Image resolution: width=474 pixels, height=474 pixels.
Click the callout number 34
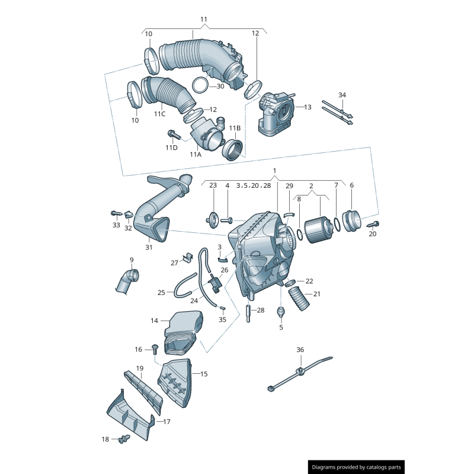342,95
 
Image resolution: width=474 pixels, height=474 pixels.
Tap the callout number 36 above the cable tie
300,350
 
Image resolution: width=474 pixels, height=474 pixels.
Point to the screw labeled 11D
174,134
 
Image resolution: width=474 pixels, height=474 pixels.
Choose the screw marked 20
374,225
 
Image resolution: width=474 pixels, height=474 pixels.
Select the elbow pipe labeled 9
127,280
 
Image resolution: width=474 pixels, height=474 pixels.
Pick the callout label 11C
159,114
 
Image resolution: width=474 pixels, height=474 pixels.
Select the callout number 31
149,247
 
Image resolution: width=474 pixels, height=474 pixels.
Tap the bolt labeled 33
114,213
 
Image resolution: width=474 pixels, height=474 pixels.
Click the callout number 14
154,321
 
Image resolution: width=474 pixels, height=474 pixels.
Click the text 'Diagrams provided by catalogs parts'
356,467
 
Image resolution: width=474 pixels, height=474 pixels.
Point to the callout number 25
161,293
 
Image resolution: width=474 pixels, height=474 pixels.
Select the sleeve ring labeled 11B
232,150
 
